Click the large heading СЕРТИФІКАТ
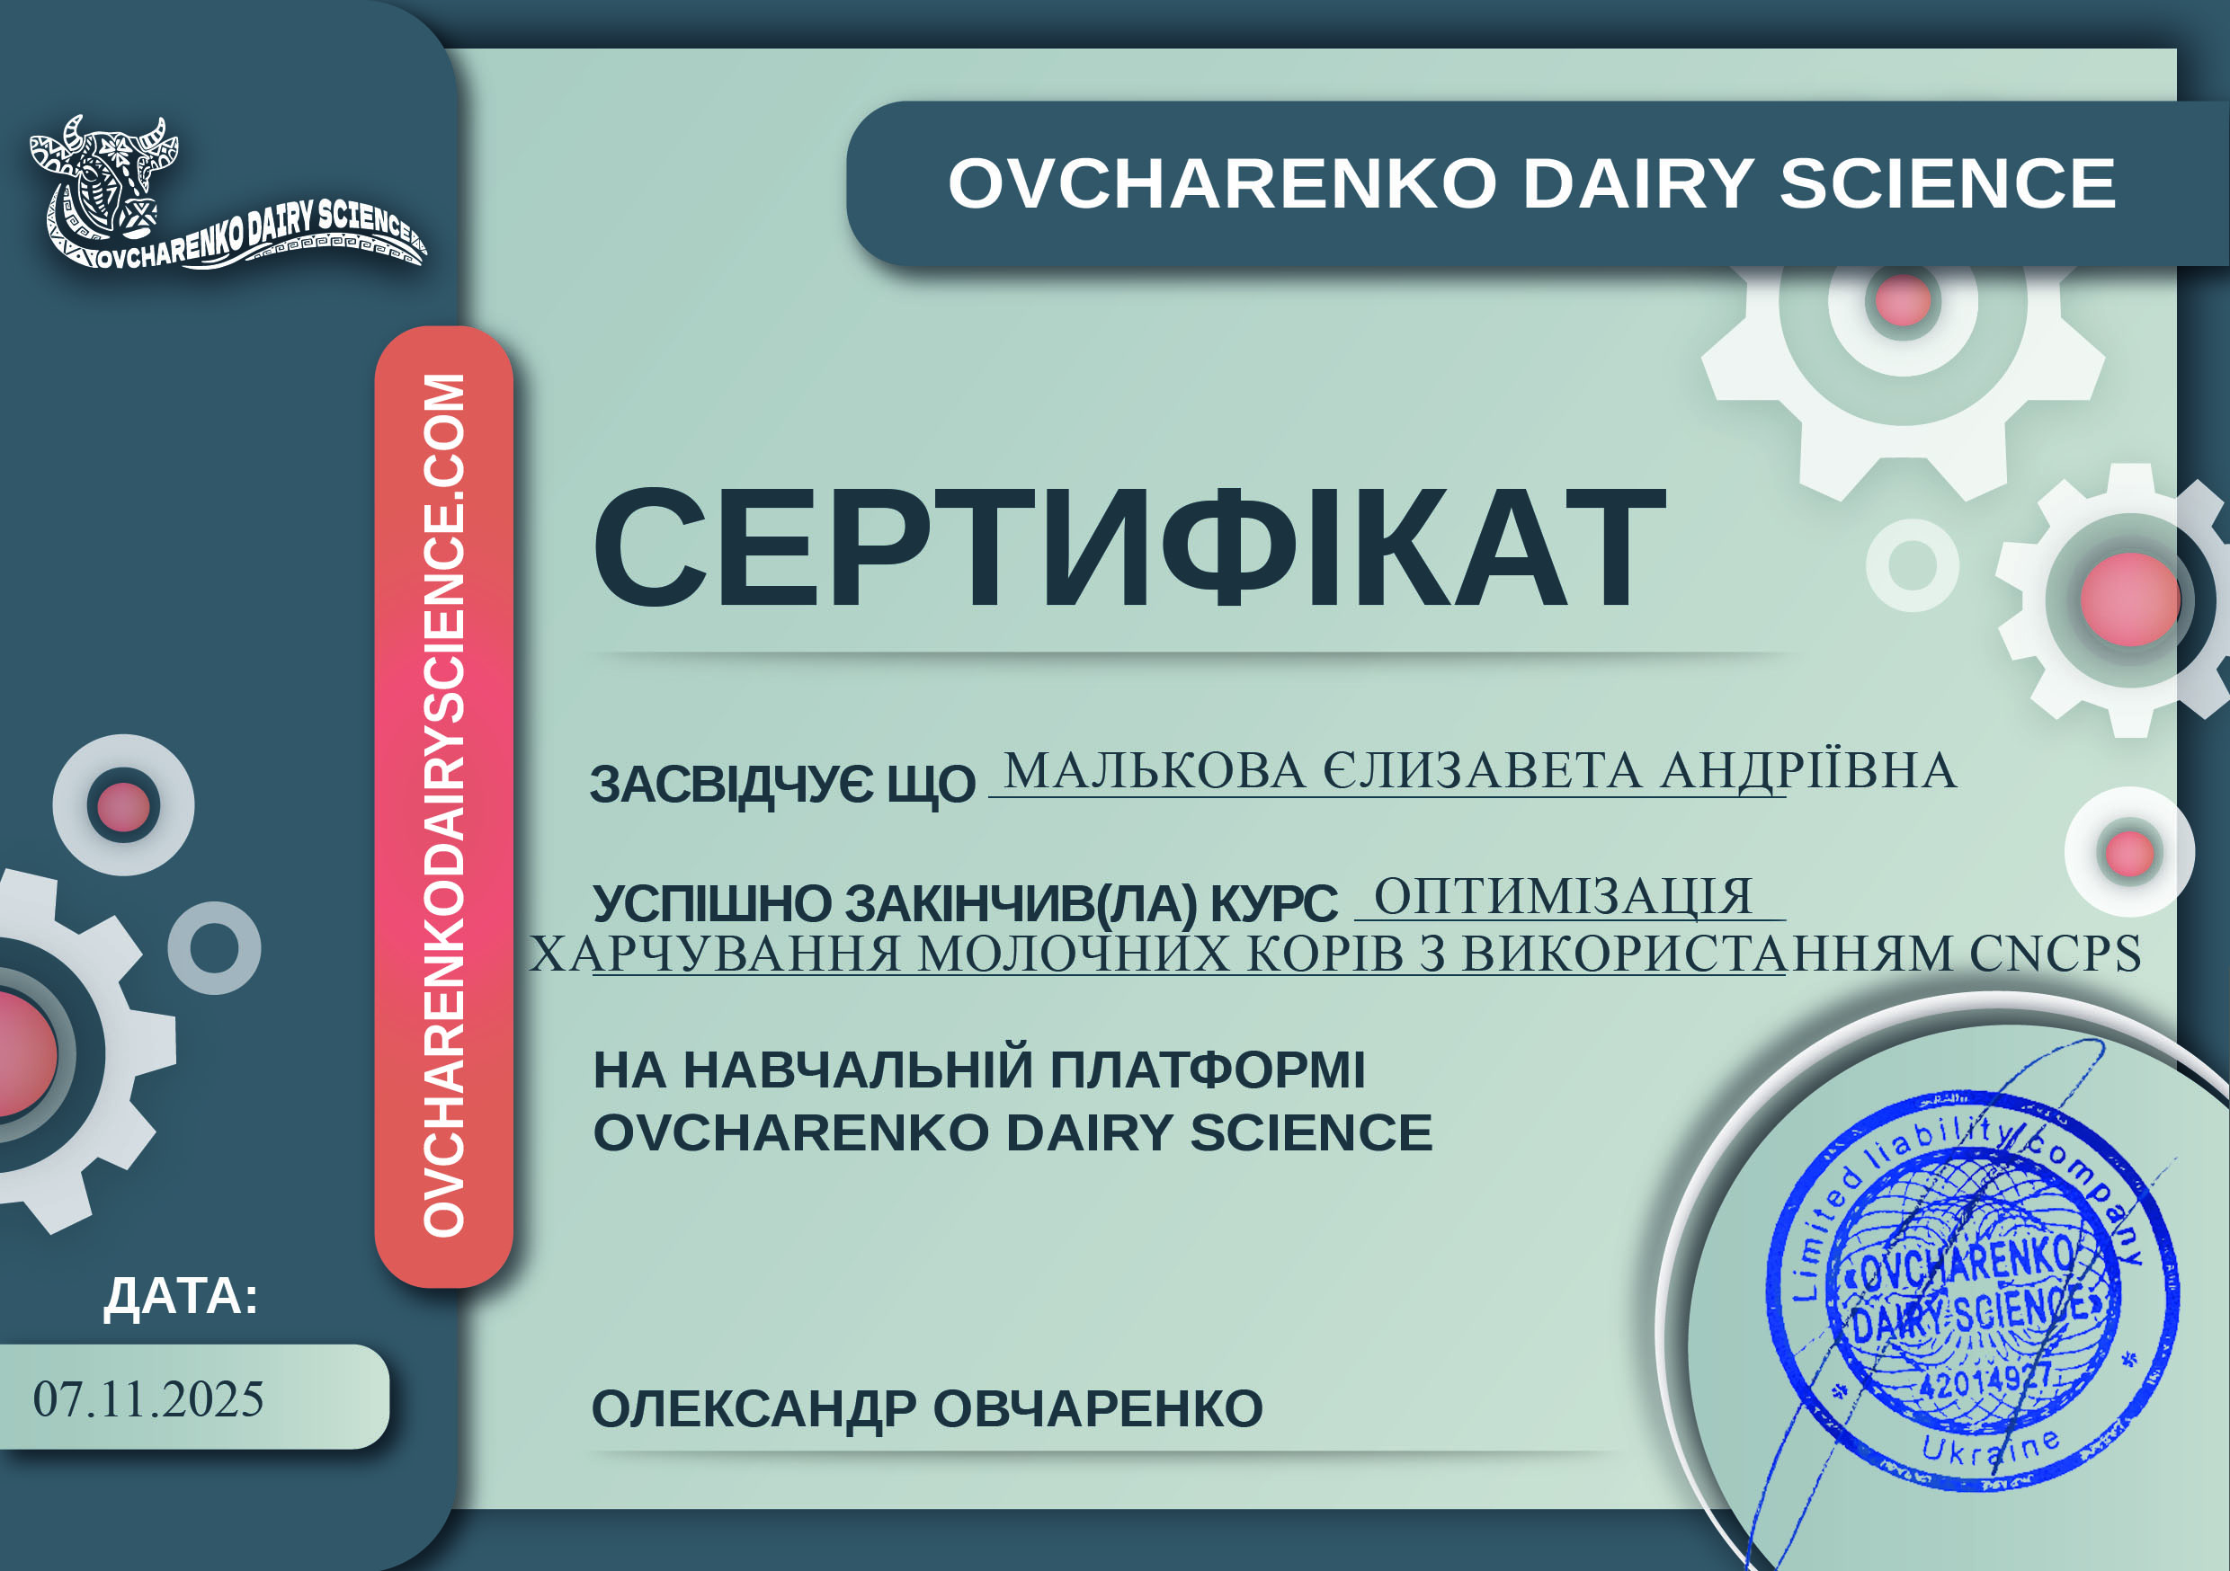coord(1128,547)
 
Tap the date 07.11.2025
coord(148,1399)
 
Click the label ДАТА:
coord(182,1296)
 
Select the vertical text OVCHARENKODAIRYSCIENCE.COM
coord(444,805)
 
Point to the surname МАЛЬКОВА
coord(1155,771)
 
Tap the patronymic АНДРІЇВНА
coord(1807,771)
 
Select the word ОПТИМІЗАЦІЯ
coord(1563,896)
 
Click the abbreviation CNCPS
coord(2056,953)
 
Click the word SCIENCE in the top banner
coord(1948,183)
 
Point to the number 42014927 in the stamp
coord(1985,1380)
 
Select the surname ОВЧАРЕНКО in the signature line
coord(1098,1409)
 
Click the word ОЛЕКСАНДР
coord(754,1409)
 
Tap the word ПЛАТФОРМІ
coord(1208,1070)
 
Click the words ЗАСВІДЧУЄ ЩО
coord(782,785)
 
